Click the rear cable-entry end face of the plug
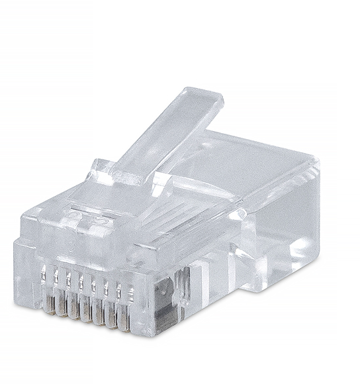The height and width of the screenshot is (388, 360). tap(285, 218)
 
